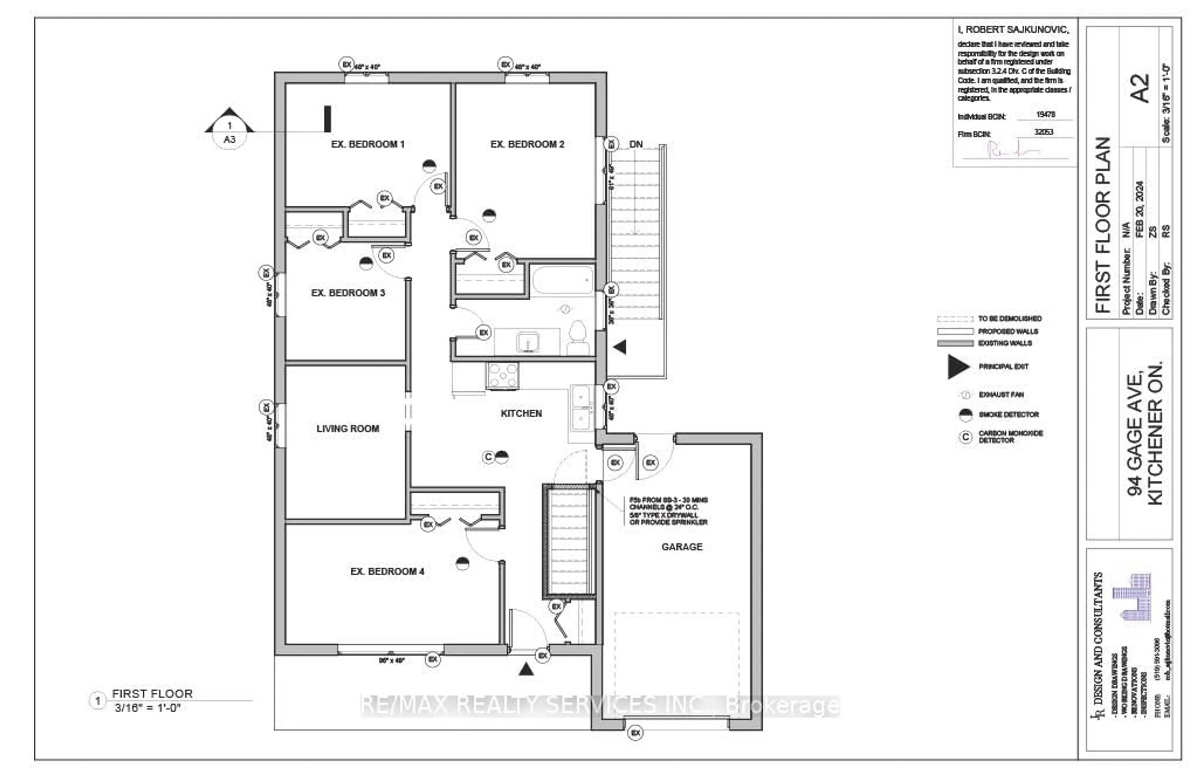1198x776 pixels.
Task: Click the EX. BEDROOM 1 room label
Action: click(x=368, y=144)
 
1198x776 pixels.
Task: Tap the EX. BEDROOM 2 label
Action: click(x=527, y=144)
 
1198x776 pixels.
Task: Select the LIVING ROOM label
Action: click(x=347, y=429)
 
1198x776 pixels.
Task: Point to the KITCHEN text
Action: click(x=521, y=413)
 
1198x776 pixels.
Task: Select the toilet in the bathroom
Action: click(x=578, y=338)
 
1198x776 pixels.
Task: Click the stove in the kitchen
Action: click(x=502, y=376)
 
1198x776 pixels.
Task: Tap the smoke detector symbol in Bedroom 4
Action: click(x=462, y=563)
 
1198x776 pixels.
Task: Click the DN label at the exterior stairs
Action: click(x=636, y=144)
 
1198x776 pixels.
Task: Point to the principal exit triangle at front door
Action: click(x=526, y=669)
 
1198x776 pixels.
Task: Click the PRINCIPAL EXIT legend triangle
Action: click(x=957, y=366)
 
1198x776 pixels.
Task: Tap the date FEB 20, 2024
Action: click(x=1140, y=209)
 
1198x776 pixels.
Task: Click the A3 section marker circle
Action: click(x=230, y=132)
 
